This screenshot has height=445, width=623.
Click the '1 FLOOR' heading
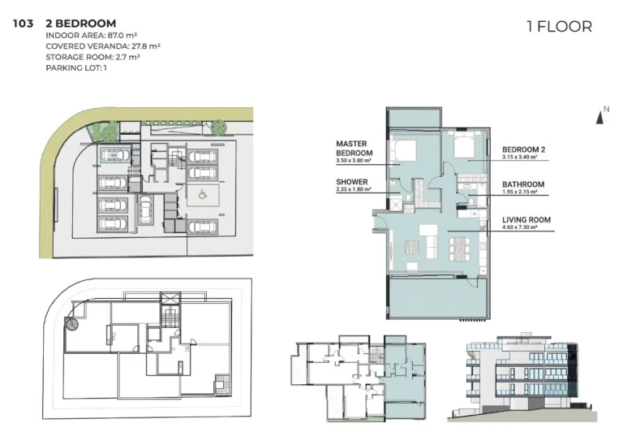tap(559, 27)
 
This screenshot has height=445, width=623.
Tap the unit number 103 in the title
tap(23, 24)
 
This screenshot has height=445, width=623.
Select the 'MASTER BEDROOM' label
tap(354, 149)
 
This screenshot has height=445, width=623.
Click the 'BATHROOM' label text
tap(523, 184)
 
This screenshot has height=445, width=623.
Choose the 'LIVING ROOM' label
tap(526, 219)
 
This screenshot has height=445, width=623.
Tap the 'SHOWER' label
tap(352, 182)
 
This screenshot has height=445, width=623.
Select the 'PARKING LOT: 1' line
tap(77, 67)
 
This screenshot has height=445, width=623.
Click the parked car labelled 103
tap(114, 154)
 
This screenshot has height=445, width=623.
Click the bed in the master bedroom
tap(403, 151)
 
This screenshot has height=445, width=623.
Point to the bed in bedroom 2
tap(464, 147)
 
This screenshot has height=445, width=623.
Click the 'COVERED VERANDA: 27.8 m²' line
tap(103, 46)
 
